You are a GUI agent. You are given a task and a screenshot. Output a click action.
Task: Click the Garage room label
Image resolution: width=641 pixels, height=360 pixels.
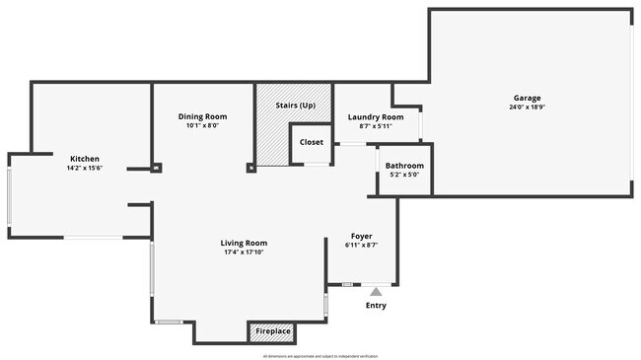527,98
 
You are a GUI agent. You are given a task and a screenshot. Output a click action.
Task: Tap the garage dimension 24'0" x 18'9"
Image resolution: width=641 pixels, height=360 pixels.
527,107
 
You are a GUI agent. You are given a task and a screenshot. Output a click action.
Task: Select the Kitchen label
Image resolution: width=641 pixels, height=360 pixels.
84,159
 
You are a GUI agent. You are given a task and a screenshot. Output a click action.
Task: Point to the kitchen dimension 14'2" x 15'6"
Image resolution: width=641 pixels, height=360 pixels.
84,168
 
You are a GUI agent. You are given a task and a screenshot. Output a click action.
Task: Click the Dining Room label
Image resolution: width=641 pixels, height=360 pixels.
202,116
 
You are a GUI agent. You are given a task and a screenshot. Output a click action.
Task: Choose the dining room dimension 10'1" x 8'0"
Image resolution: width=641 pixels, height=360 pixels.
202,125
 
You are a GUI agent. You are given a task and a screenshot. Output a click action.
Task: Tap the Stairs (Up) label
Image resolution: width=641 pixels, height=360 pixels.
294,105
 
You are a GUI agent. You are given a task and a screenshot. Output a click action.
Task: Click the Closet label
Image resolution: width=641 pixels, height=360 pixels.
311,142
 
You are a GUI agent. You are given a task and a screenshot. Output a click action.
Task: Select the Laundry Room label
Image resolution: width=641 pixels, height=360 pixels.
376,117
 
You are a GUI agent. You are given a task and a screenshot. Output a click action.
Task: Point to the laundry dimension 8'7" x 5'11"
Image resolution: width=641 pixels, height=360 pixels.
376,126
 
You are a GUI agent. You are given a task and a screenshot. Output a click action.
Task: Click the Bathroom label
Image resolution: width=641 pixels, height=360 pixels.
404,166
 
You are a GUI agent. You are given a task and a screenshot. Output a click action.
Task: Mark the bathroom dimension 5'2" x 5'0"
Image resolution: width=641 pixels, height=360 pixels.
404,175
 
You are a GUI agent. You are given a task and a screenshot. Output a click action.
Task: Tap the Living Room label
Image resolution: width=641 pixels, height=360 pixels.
244,243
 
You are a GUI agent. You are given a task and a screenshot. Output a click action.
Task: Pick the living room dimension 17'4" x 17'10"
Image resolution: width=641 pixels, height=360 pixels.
244,252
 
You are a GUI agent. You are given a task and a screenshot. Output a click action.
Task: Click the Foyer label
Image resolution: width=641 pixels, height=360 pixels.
362,236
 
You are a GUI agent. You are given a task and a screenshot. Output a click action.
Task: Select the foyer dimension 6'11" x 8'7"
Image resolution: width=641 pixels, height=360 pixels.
362,245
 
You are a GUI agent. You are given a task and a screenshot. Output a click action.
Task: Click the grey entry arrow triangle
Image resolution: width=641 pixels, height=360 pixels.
376,291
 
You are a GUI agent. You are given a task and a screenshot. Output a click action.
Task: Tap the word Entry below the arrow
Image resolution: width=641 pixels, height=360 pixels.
376,305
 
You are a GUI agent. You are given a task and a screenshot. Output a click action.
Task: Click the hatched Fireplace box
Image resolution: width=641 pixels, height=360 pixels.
273,331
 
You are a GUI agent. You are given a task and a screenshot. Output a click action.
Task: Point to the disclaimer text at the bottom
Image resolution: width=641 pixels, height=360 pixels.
320,355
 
